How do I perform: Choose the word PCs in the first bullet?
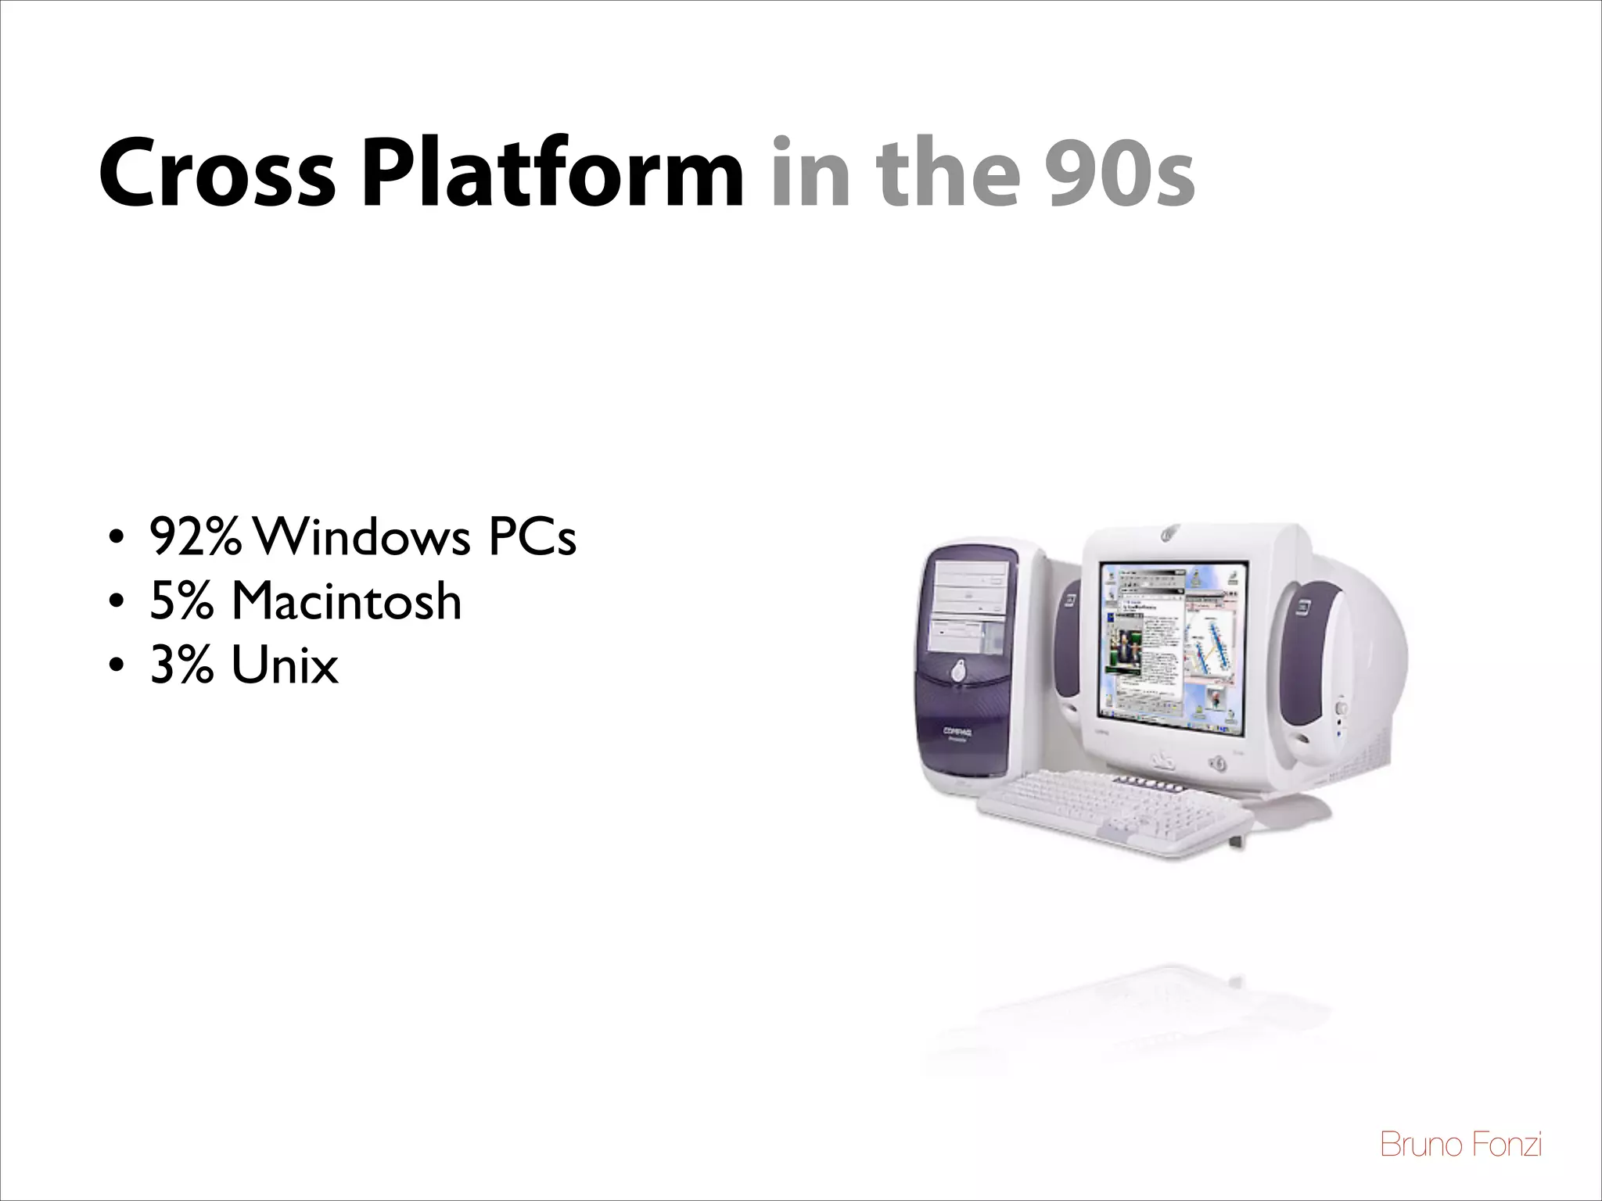pyautogui.click(x=532, y=538)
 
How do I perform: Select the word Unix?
pyautogui.click(x=285, y=666)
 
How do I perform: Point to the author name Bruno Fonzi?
pyautogui.click(x=1461, y=1145)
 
